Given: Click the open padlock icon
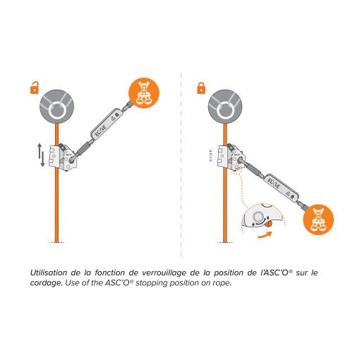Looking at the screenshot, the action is click(x=35, y=88).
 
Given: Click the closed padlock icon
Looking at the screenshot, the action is click(x=201, y=88).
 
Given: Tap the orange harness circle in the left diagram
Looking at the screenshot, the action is click(x=144, y=93).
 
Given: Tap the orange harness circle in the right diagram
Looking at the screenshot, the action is click(x=318, y=220).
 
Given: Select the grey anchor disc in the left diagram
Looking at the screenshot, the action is click(x=56, y=107).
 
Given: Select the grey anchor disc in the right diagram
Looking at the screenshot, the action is click(x=225, y=107).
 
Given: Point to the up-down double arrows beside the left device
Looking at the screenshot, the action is click(x=41, y=155).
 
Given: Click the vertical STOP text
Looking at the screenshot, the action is click(x=211, y=155).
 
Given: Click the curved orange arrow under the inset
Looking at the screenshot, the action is click(x=265, y=235).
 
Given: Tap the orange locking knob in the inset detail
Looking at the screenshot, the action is click(x=268, y=224).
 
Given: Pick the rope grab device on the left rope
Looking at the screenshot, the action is click(x=63, y=157).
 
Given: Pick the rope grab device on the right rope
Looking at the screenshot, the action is click(x=232, y=157).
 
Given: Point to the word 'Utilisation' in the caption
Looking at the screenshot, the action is click(x=49, y=272).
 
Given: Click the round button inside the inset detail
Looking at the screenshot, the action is click(x=258, y=217).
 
